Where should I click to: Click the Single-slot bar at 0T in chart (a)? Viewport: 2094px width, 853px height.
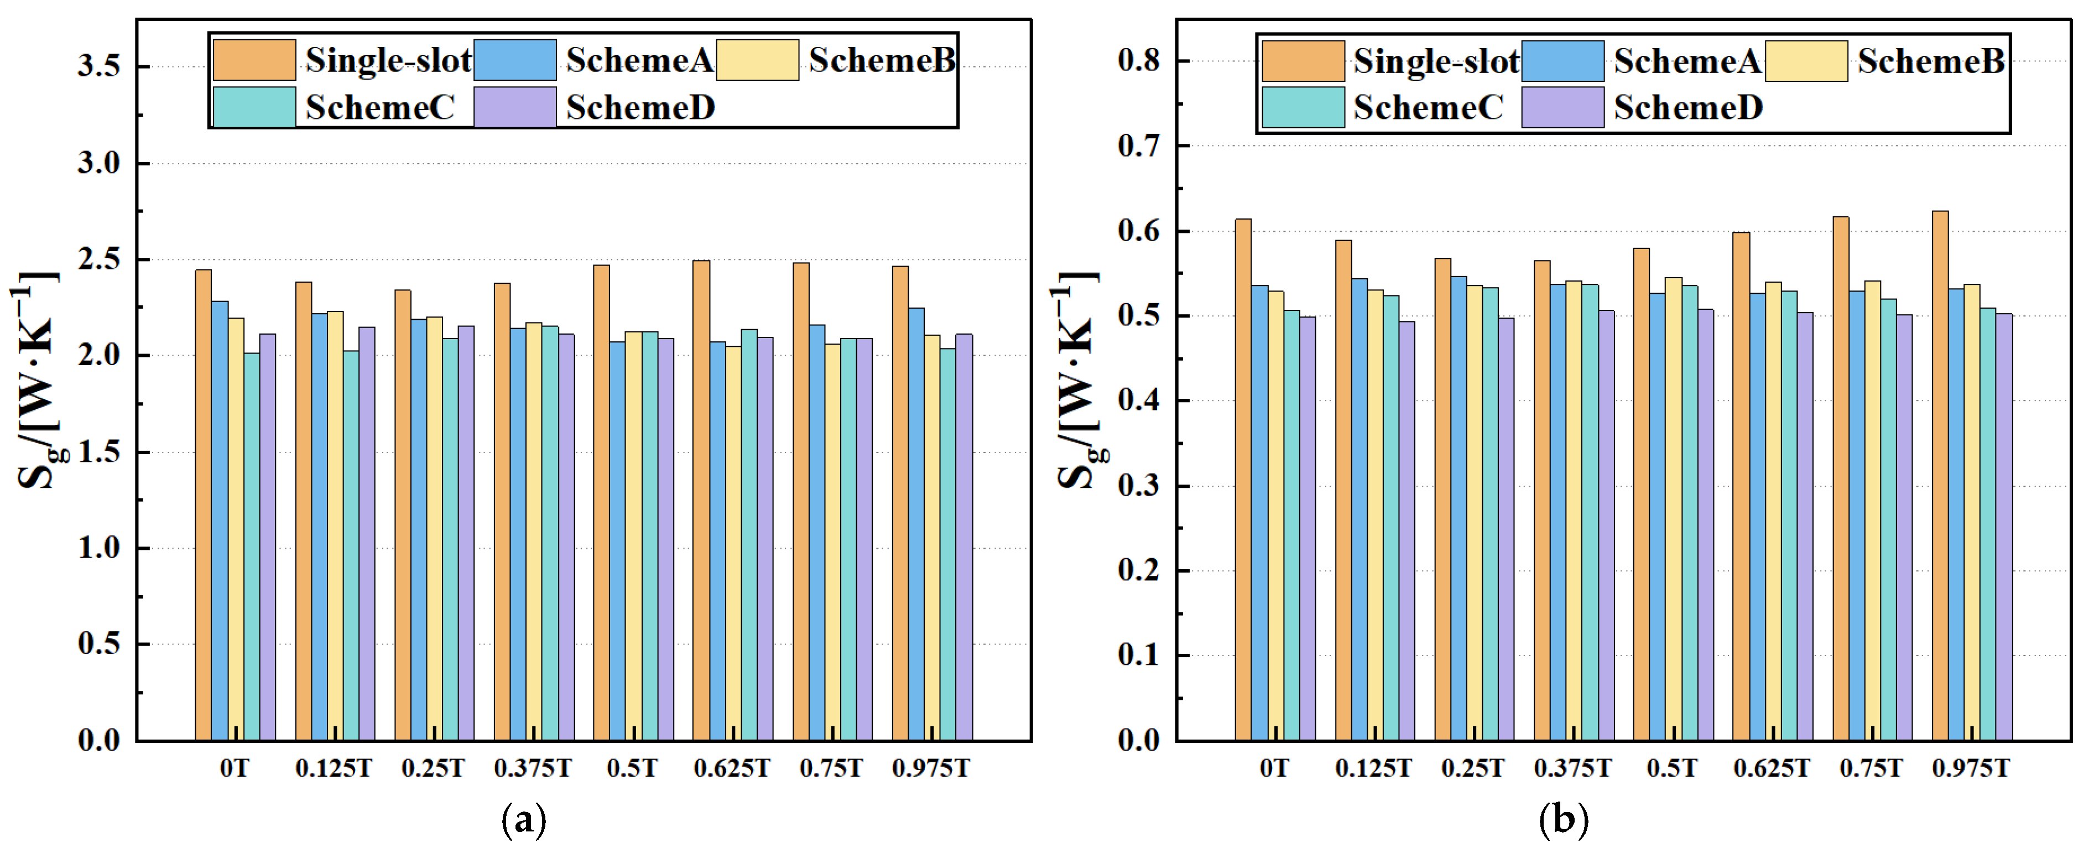203,505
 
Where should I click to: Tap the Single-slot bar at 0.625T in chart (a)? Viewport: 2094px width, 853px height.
701,500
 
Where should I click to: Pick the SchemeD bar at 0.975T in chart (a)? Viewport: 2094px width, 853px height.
964,538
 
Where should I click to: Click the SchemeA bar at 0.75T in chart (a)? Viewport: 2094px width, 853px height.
817,533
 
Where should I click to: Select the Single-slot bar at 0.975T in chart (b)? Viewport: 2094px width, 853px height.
1940,476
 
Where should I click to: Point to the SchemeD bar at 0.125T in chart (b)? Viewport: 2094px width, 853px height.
1407,531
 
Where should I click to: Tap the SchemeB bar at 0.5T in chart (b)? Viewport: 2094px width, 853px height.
1674,509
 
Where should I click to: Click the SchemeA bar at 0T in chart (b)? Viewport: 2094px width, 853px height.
1260,513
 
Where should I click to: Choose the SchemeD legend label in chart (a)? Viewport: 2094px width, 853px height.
640,107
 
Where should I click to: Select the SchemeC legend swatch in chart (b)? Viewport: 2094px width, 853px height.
1303,107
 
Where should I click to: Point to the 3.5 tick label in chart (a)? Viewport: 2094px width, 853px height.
99,66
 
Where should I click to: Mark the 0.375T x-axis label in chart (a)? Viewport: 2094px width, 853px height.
533,768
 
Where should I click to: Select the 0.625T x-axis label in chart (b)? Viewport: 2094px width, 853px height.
1772,768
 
